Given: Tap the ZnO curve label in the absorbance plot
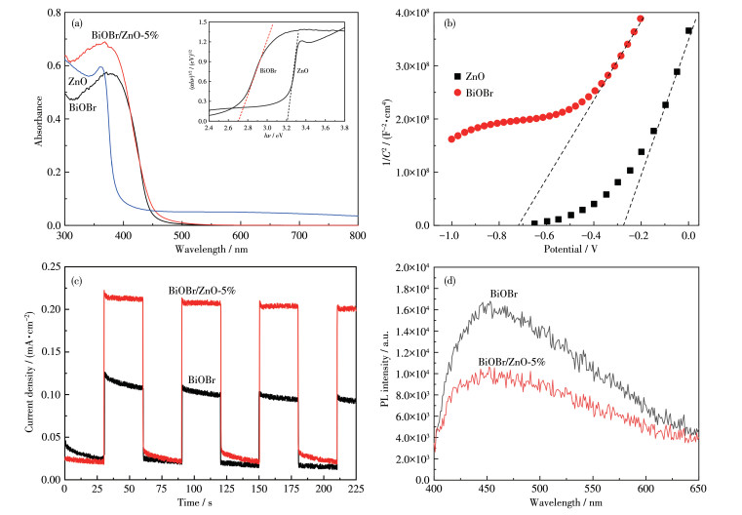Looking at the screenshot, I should click(79, 81).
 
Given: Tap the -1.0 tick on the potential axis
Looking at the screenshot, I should click(451, 237).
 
